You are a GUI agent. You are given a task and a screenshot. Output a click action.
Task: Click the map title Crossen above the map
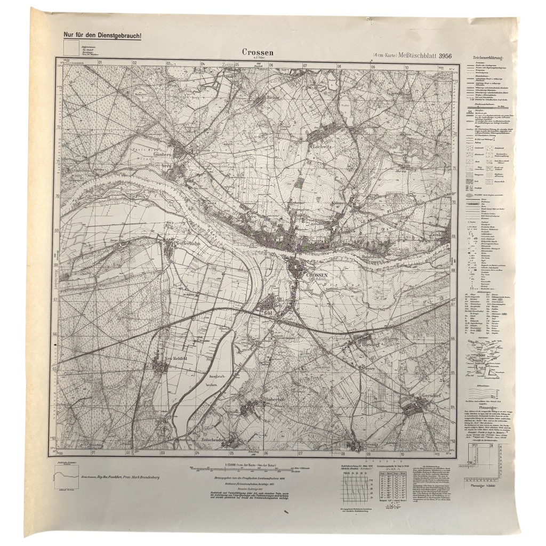coord(258,52)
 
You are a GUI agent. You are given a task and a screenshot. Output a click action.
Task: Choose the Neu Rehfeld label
coord(175,358)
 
